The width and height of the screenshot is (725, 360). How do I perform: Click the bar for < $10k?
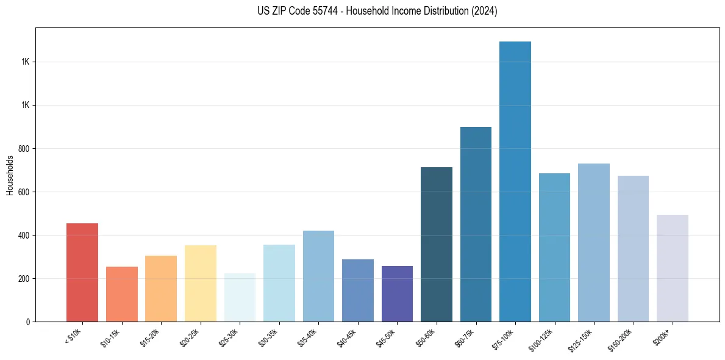[x=82, y=272]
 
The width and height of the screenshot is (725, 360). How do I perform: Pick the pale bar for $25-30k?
[x=240, y=297]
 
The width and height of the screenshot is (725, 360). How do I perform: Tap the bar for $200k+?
[x=673, y=268]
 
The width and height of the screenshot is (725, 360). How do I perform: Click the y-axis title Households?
[x=10, y=175]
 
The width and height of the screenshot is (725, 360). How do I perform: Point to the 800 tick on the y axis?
[x=24, y=148]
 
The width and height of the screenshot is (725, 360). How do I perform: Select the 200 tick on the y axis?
[x=24, y=278]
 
